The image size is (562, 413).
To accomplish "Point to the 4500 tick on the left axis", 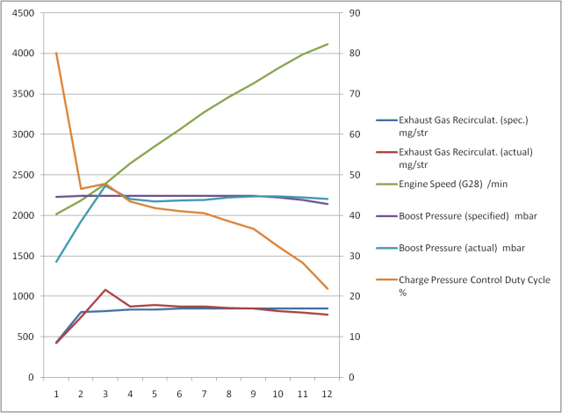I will (23, 14).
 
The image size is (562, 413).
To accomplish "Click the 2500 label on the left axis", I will (23, 176).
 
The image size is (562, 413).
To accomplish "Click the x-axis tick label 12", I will (327, 395).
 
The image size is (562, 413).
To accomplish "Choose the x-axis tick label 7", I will (204, 395).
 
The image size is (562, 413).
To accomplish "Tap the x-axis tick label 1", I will (56, 395).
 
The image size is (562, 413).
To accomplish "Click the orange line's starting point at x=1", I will (56, 53).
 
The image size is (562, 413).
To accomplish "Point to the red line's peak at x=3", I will (105, 289).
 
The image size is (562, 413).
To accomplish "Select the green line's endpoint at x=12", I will (327, 44).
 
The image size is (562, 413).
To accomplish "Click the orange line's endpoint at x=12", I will (327, 288).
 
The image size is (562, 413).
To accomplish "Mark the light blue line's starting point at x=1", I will (56, 262).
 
